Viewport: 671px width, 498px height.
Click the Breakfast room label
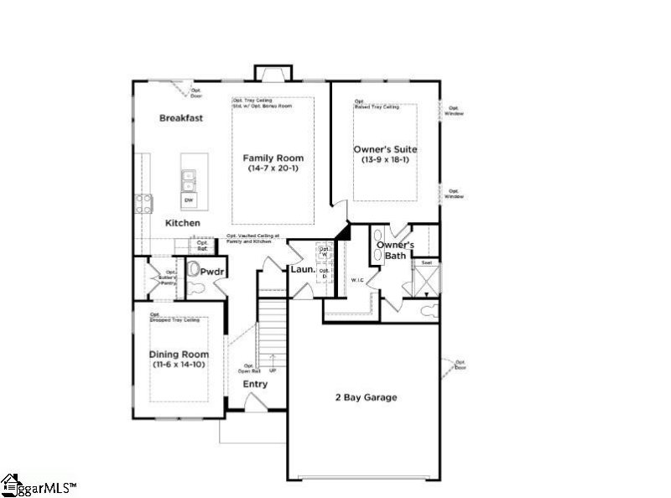[181, 118]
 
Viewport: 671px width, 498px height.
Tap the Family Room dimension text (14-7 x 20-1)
[273, 169]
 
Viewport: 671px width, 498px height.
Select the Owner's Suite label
[389, 149]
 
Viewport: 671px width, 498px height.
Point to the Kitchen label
[182, 223]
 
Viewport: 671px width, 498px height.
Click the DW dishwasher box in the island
[189, 200]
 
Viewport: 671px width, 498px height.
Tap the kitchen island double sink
[189, 180]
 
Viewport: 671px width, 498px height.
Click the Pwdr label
[209, 272]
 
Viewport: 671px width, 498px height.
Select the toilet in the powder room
[193, 271]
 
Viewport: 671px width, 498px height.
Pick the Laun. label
[302, 270]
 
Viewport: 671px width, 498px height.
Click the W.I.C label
[356, 280]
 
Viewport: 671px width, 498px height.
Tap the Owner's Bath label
[396, 250]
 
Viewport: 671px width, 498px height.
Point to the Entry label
[255, 384]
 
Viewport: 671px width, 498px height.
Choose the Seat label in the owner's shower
[426, 262]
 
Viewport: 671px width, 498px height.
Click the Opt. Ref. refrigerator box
[202, 246]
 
